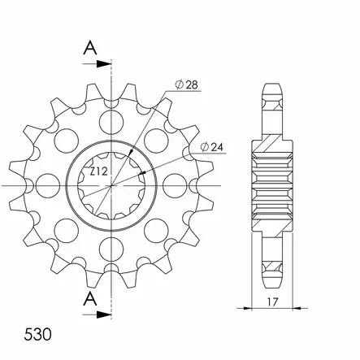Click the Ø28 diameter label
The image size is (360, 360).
point(187,85)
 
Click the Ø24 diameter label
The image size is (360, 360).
point(212,147)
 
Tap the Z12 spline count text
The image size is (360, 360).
point(99,171)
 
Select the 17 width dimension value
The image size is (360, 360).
point(272,301)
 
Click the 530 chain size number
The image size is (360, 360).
point(37,335)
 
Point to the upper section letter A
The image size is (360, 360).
point(90,48)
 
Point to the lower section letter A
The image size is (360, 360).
point(90,299)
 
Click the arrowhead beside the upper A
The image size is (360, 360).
point(104,64)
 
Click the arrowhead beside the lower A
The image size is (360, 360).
point(104,314)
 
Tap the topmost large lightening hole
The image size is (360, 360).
point(111,122)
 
